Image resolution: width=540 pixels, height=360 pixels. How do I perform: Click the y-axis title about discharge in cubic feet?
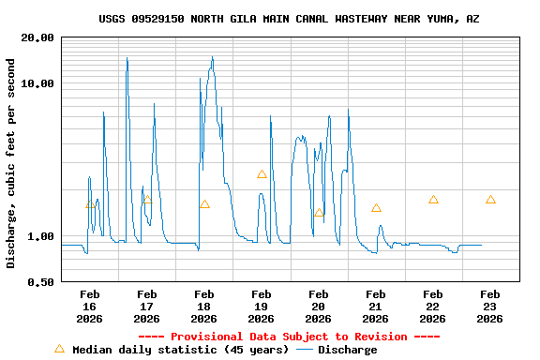click(x=11, y=163)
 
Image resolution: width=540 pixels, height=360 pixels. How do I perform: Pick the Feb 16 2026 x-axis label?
click(x=89, y=307)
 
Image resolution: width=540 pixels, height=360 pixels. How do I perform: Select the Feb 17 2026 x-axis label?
click(x=146, y=307)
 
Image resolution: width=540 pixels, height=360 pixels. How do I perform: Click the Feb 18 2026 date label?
click(x=203, y=307)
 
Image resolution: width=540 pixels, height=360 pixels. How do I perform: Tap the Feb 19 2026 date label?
click(x=261, y=307)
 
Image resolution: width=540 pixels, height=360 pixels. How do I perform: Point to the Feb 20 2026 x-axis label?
click(x=318, y=307)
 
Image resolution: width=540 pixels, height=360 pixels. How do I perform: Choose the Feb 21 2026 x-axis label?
click(x=375, y=307)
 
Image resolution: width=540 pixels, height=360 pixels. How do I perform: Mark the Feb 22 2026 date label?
click(x=432, y=307)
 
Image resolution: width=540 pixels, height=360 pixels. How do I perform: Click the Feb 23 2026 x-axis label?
click(x=489, y=307)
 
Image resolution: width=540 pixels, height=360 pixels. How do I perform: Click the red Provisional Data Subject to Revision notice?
click(x=289, y=337)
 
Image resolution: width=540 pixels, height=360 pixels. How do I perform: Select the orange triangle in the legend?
click(x=59, y=349)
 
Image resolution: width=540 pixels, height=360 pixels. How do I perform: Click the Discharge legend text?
click(x=347, y=350)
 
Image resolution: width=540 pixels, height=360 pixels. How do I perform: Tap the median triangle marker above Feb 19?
click(x=262, y=174)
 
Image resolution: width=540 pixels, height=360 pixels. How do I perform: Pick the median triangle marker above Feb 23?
click(x=490, y=200)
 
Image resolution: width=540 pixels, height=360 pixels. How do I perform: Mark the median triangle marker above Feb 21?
click(x=376, y=208)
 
